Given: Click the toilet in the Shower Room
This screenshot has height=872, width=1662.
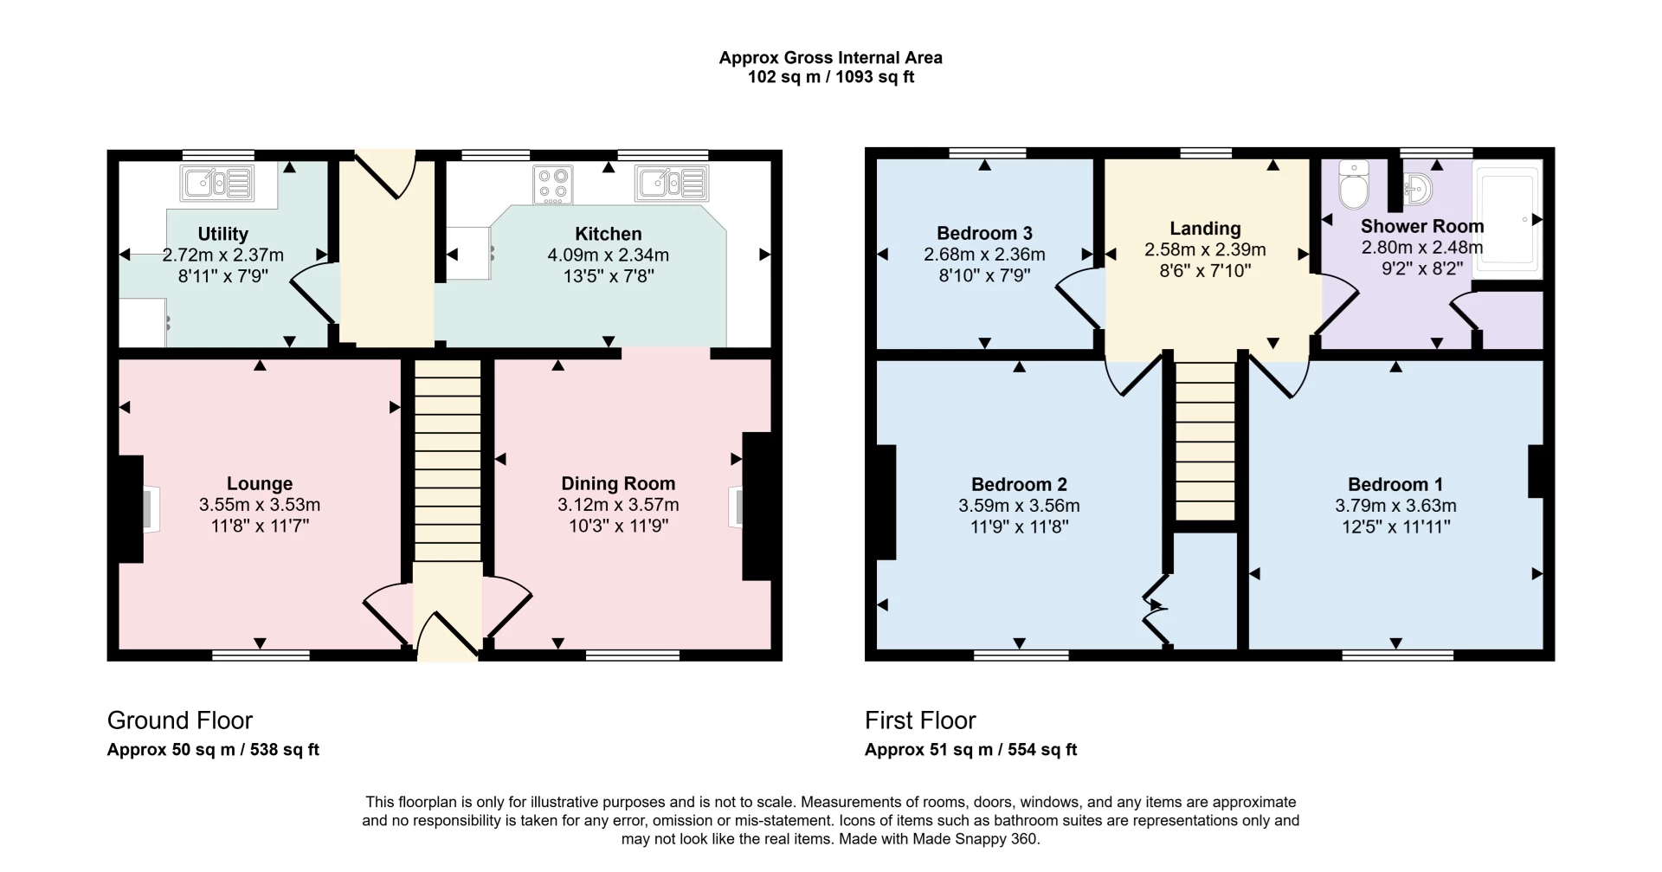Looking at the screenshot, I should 1352,184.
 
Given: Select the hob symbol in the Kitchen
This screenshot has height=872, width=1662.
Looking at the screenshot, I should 553,184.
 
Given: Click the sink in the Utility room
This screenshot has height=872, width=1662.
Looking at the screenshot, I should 217,184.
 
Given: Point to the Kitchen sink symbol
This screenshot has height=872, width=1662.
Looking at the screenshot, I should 672,184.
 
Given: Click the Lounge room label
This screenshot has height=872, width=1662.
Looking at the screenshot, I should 260,483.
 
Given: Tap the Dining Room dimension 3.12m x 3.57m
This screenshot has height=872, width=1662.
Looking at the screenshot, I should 618,505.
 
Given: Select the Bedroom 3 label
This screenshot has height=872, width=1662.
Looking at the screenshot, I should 984,233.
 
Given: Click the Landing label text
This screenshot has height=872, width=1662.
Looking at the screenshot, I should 1205,229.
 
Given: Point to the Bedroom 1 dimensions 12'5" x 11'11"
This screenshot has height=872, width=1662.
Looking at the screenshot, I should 1395,526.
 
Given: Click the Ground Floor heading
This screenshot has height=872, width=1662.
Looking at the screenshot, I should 180,720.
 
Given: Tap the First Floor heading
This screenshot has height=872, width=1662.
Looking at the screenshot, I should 920,720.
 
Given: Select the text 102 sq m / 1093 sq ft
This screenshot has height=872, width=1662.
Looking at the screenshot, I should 830,77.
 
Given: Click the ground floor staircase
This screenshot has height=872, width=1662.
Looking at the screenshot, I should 448,459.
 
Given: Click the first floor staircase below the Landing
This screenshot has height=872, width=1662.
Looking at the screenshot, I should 1205,442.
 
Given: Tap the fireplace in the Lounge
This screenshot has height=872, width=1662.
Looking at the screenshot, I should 138,509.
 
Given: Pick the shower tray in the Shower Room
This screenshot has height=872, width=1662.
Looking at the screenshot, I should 1508,221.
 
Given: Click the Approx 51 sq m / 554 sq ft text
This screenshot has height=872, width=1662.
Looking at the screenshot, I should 970,750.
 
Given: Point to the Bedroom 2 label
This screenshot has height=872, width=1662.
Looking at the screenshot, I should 1019,484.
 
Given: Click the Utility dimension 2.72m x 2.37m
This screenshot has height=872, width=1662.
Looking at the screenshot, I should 223,255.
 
